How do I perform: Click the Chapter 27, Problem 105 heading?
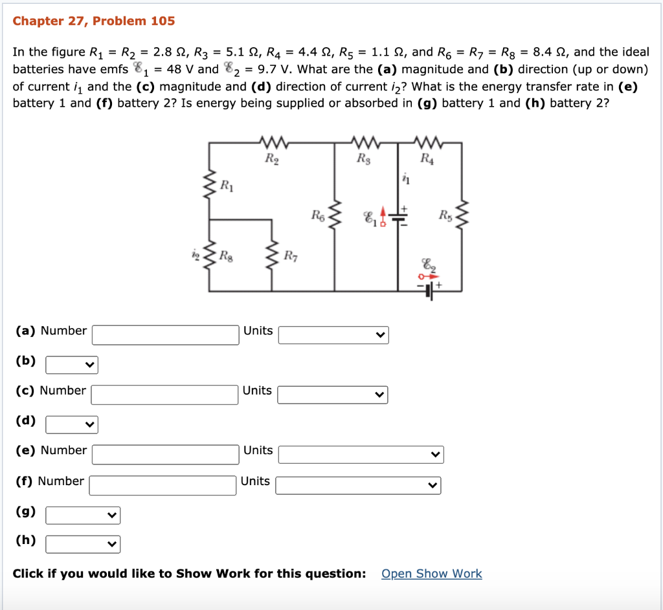(x=94, y=21)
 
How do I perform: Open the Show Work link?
(x=431, y=574)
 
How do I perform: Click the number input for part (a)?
(x=166, y=334)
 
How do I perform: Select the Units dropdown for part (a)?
(x=333, y=334)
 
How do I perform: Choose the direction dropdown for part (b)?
(x=71, y=365)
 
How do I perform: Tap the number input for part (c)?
(x=165, y=395)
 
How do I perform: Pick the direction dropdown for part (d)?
(x=71, y=425)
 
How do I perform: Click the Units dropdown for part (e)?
(x=361, y=455)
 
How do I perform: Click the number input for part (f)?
(x=163, y=485)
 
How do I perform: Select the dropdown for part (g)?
(x=83, y=516)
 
